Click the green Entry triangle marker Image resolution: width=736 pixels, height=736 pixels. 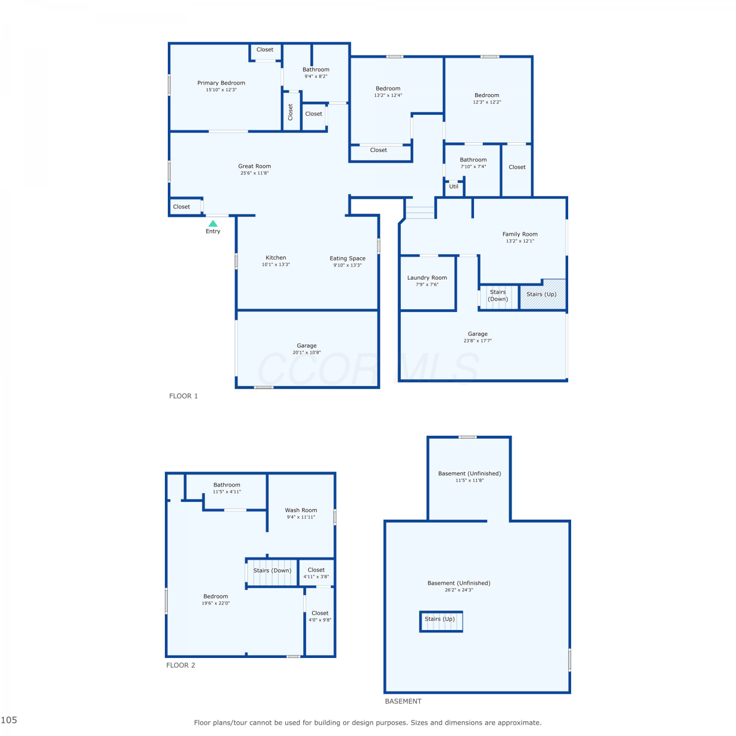point(213,224)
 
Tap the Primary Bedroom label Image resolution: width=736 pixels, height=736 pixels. point(221,83)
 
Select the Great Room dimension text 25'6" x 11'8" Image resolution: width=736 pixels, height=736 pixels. point(255,173)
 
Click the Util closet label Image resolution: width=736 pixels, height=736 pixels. point(454,186)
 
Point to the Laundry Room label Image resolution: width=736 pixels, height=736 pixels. point(427,278)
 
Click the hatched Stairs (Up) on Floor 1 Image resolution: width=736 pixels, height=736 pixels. point(543,294)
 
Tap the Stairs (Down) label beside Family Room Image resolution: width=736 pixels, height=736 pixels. point(498,295)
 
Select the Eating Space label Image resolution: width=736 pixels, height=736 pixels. point(347,258)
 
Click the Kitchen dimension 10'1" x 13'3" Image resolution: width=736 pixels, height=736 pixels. point(276,264)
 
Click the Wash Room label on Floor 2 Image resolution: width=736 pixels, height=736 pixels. point(301,510)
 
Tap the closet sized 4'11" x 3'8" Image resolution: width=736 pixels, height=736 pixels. point(316,573)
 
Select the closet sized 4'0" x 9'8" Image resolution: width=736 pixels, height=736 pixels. point(320,616)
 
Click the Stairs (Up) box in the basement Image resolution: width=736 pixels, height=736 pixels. point(441,621)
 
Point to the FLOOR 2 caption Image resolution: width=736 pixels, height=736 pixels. point(181,665)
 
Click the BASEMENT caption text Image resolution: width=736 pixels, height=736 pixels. point(403,701)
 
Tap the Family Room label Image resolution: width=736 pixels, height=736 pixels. point(520,234)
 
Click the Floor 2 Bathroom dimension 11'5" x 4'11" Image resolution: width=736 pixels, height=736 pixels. point(227,492)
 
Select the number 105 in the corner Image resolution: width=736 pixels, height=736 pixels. point(9,720)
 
